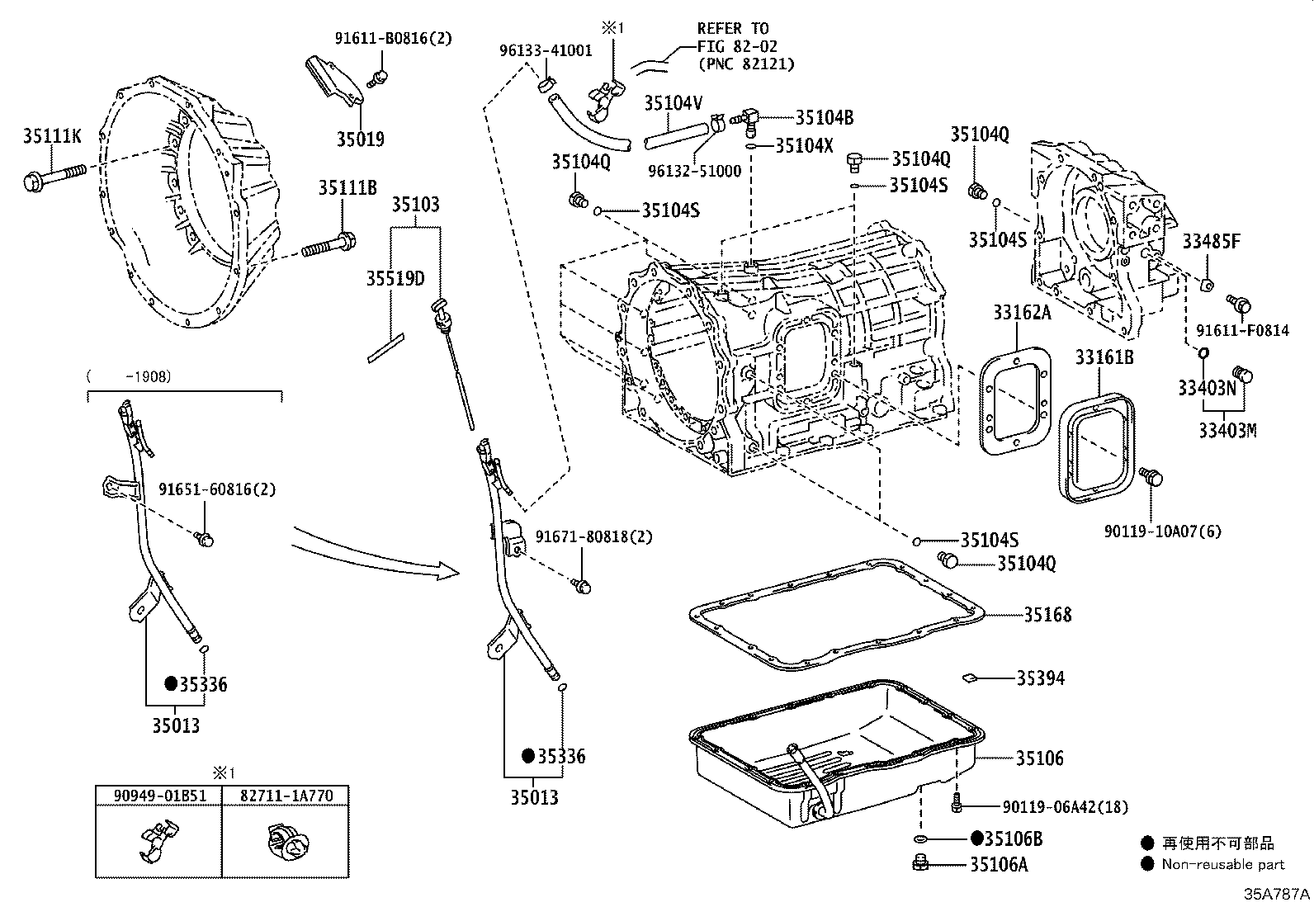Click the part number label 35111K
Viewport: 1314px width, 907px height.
[x=52, y=136]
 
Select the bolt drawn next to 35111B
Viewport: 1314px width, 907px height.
[x=329, y=244]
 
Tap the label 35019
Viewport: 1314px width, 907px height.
[x=360, y=139]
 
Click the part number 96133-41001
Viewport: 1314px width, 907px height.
[x=546, y=50]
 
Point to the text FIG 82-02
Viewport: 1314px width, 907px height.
[x=737, y=46]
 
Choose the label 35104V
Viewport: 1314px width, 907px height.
[x=674, y=103]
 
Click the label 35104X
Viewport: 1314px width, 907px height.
[x=805, y=146]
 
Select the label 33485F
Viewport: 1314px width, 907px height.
[x=1211, y=241]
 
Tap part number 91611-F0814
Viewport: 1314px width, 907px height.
[x=1242, y=330]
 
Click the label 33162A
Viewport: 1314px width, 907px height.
[x=1022, y=312]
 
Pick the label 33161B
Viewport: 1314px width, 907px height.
[x=1104, y=357]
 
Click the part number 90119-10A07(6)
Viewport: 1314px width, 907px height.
[x=1162, y=531]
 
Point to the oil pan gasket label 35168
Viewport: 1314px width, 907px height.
[x=1047, y=615]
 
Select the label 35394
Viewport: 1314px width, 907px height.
[x=1040, y=678]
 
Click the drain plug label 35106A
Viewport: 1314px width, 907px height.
[x=1000, y=865]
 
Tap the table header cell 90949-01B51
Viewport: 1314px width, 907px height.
[x=158, y=796]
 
